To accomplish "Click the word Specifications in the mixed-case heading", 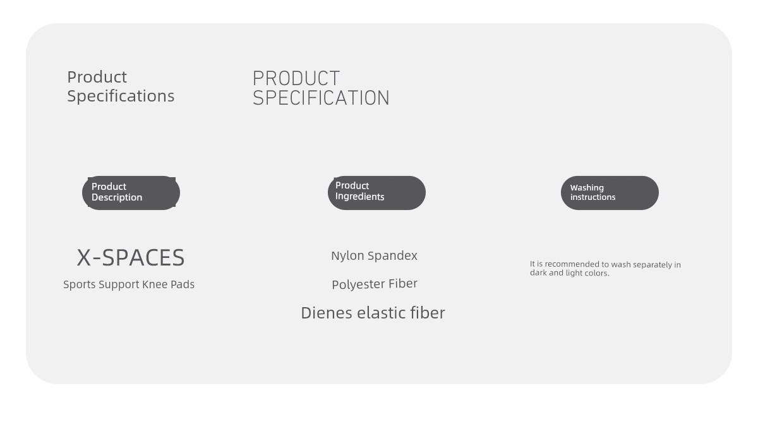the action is tap(121, 96).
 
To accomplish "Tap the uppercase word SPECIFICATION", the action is tap(321, 98).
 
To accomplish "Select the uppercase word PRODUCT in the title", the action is tap(296, 78).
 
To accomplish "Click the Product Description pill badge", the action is tap(131, 193).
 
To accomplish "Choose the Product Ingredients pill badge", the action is tap(376, 193).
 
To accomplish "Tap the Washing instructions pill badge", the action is tap(610, 193).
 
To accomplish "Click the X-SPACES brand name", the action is tap(131, 258).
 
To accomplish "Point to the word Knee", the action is tap(155, 284).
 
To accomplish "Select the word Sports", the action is tap(80, 284).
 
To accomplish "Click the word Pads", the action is tap(183, 284).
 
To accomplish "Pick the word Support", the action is tap(119, 285).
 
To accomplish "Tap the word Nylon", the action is tap(347, 256).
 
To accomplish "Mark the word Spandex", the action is tap(392, 256).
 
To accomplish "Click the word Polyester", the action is tap(359, 284).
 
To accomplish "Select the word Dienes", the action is tap(327, 313).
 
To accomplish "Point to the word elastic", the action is tap(382, 313).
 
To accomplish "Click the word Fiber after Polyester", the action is tap(403, 283).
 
